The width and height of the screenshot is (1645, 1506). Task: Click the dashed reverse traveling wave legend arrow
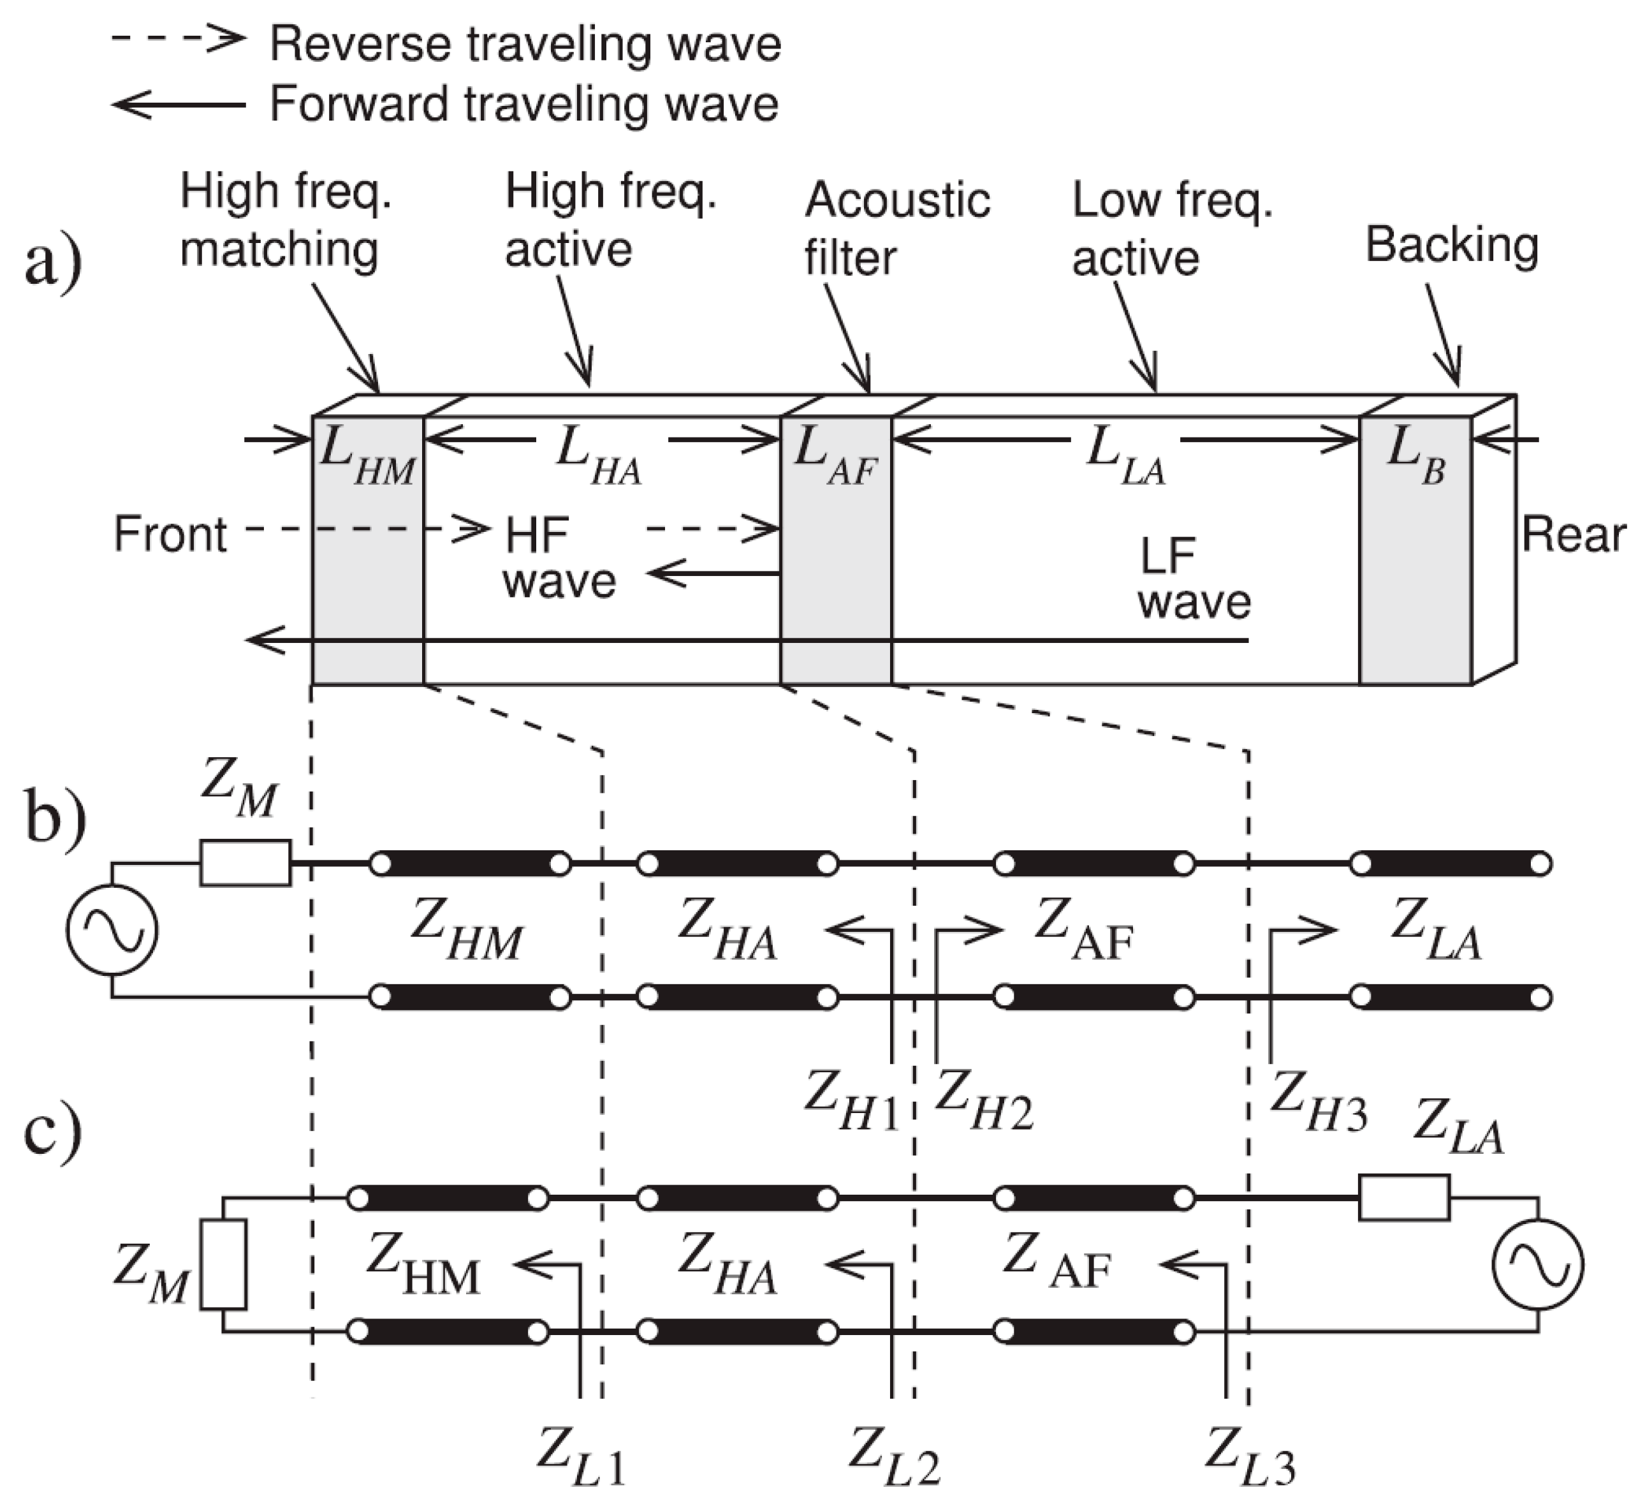178,38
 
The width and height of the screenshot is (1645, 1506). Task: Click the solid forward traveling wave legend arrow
178,105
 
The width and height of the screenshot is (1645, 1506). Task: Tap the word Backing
1452,246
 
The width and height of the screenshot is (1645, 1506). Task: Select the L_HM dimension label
367,457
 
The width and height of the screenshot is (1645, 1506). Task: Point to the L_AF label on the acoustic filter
835,457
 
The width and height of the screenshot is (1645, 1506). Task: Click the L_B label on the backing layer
1415,457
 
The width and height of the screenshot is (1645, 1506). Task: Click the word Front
170,535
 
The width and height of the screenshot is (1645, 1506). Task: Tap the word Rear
1573,535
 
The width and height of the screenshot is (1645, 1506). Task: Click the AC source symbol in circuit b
112,931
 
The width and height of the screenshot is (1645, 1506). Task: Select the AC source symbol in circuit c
1537,1264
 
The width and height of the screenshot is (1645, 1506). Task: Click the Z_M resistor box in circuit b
245,863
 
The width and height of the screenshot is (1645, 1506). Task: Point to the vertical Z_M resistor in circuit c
224,1264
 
